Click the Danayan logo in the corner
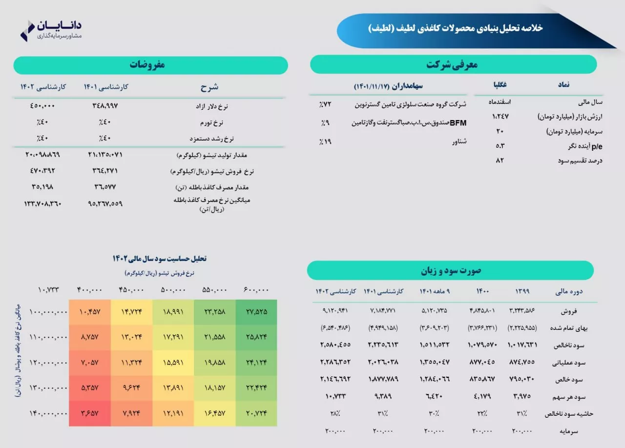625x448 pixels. (x=51, y=30)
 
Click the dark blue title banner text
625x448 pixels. (x=456, y=28)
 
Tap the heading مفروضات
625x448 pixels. (x=147, y=65)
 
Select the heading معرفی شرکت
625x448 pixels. (x=452, y=64)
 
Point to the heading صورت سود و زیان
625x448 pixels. (x=451, y=270)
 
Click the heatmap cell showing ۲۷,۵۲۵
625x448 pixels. (x=256, y=312)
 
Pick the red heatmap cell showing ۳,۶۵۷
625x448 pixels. (x=89, y=413)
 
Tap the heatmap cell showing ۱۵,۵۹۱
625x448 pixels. (x=173, y=363)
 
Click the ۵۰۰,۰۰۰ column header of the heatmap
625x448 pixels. (x=173, y=290)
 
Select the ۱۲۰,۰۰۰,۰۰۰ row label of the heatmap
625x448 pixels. (x=48, y=363)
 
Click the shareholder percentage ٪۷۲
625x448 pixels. (x=325, y=104)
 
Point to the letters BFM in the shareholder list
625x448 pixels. (x=458, y=123)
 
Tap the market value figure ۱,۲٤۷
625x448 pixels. (x=500, y=117)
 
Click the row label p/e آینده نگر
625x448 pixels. (x=585, y=146)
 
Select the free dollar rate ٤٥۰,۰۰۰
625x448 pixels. (x=42, y=106)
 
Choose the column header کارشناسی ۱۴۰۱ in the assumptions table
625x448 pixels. (x=106, y=87)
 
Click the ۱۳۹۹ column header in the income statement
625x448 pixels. (x=522, y=291)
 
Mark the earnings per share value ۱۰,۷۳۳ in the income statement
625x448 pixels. (x=335, y=396)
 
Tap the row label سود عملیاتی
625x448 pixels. (x=569, y=363)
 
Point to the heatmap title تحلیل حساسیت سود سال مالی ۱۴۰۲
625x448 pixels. (x=159, y=259)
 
